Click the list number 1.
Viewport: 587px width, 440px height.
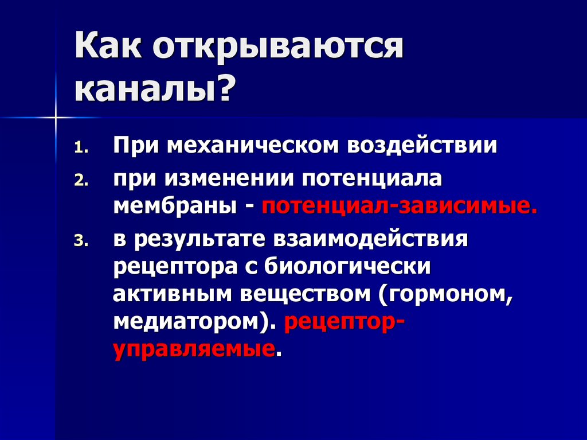(x=81, y=147)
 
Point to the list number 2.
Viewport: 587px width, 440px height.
(x=81, y=181)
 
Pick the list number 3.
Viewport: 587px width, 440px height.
(x=81, y=242)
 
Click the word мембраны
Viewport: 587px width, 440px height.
(x=177, y=205)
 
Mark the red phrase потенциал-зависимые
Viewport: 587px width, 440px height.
(x=400, y=205)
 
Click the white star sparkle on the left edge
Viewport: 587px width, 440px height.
(x=56, y=118)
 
